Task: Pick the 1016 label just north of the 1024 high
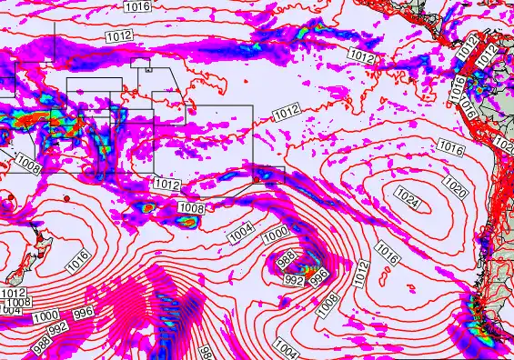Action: point(450,145)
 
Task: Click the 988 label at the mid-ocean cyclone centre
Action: point(285,260)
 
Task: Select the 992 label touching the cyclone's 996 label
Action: point(295,280)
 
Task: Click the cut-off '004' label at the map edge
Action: point(10,311)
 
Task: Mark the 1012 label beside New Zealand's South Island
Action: point(13,293)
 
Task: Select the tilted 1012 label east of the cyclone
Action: point(361,270)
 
